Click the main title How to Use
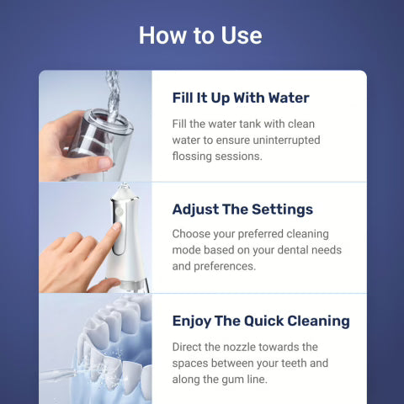click(200, 35)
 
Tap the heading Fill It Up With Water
click(241, 98)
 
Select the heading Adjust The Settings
click(242, 209)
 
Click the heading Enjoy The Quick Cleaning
click(261, 321)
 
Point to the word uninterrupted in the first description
click(282, 140)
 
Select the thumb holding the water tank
click(94, 161)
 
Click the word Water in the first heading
click(286, 98)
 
